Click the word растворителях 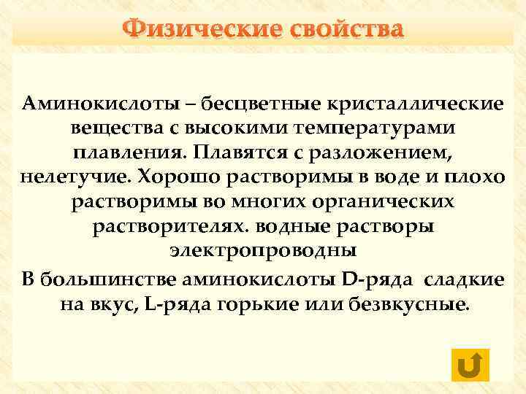pos(167,228)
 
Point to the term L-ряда pos(178,303)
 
